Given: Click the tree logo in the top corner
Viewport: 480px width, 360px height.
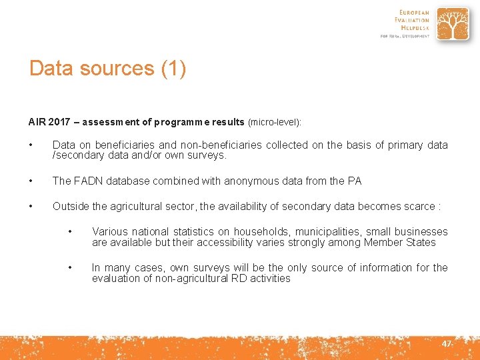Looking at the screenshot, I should pos(453,24).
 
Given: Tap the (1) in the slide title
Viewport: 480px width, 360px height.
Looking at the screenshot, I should pos(173,69).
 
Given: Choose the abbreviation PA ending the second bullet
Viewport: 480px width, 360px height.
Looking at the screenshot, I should pos(355,181).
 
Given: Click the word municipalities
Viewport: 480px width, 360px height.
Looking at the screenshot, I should pos(329,231).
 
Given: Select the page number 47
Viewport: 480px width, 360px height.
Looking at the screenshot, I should pos(446,343).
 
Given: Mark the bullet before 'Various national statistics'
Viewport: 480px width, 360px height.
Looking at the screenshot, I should pos(71,231).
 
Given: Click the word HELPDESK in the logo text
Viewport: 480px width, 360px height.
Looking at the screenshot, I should pos(413,28).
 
